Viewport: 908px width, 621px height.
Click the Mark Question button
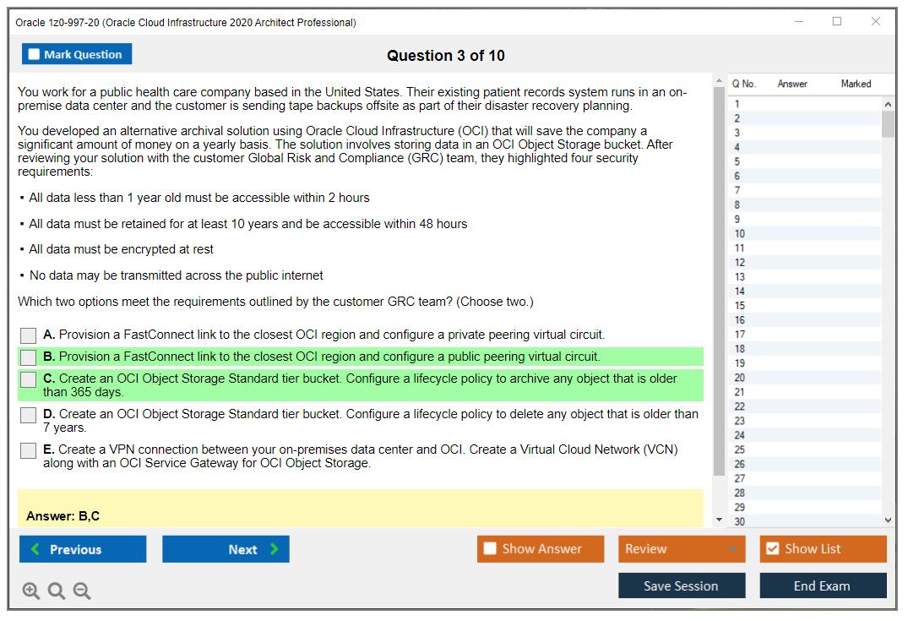click(77, 54)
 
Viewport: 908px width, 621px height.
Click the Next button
click(226, 549)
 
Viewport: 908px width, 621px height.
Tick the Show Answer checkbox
click(490, 549)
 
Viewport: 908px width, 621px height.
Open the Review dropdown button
click(682, 549)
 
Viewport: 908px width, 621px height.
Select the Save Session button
click(682, 586)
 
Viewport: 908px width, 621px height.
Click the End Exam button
click(823, 586)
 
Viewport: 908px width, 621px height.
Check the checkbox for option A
click(29, 335)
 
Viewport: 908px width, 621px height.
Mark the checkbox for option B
click(29, 357)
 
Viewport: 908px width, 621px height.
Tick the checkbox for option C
click(29, 380)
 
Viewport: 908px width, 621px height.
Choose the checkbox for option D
click(29, 416)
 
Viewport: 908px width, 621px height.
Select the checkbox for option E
click(29, 451)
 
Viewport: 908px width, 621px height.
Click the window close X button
click(876, 22)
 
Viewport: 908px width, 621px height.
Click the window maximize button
click(837, 22)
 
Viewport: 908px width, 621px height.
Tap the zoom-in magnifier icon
click(31, 591)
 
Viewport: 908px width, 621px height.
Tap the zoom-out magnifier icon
click(82, 591)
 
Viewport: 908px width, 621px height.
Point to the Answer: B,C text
click(63, 516)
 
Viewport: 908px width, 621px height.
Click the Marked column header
click(856, 84)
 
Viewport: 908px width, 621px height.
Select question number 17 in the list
click(740, 335)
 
